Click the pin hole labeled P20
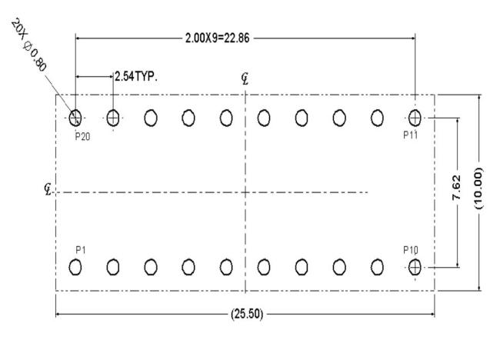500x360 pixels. (x=75, y=118)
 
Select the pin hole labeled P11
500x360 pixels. (x=415, y=118)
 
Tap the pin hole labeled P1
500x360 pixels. (x=75, y=267)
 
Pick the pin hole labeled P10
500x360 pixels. (x=415, y=267)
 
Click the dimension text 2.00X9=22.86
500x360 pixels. (x=218, y=38)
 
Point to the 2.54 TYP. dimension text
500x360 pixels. (x=136, y=76)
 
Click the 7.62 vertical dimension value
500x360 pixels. (x=457, y=188)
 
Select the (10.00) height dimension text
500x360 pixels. (x=478, y=188)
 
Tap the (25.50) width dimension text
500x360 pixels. (x=247, y=314)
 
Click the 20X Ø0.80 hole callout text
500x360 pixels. (x=29, y=45)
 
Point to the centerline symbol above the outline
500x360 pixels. (x=245, y=78)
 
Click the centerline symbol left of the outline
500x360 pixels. (x=48, y=189)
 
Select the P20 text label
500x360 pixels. (x=82, y=136)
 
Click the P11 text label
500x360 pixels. (x=411, y=135)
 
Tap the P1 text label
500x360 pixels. (x=81, y=250)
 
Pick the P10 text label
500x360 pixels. (x=411, y=250)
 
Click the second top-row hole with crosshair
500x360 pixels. (x=113, y=118)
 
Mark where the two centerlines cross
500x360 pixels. (x=245, y=192)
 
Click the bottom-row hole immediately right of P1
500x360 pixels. (x=113, y=267)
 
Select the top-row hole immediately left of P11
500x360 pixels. (x=377, y=118)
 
